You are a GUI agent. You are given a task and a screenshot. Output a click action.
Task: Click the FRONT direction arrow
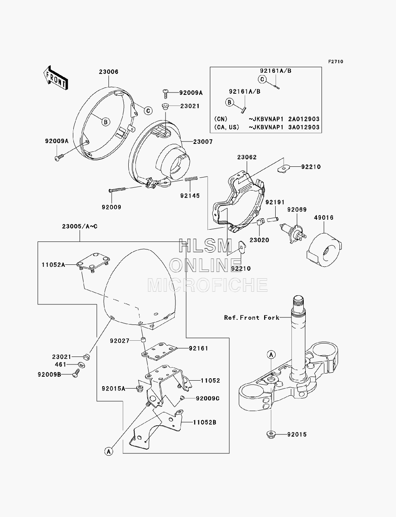click(56, 77)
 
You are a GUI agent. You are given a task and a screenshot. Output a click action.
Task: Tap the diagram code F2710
click(335, 62)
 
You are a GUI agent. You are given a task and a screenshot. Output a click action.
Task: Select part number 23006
click(109, 72)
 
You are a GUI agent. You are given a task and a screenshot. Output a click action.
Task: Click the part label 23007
click(203, 142)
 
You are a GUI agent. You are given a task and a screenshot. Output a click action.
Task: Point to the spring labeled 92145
click(191, 179)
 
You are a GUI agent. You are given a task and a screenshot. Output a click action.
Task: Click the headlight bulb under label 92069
click(293, 233)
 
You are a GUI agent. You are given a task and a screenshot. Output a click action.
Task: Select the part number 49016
click(324, 217)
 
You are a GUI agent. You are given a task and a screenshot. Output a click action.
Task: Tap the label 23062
click(247, 157)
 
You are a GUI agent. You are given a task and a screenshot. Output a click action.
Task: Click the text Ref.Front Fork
click(252, 318)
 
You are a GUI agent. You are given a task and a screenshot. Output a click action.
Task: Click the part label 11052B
click(205, 422)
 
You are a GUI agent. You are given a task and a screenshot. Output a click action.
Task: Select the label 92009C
click(208, 398)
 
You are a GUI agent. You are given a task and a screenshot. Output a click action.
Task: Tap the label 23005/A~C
click(80, 226)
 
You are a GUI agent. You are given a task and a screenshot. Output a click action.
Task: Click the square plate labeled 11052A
click(93, 262)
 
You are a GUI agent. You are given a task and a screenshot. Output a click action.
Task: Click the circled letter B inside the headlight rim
click(105, 122)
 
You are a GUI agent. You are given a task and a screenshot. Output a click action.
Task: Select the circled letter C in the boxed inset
click(262, 79)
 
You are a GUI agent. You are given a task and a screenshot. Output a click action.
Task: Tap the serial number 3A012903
click(304, 127)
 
